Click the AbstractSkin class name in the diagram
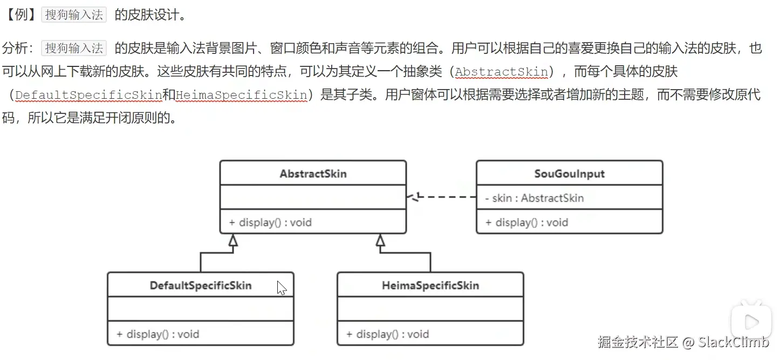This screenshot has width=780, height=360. [313, 174]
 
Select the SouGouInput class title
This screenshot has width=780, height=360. [569, 174]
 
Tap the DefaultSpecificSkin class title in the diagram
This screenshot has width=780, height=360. [201, 285]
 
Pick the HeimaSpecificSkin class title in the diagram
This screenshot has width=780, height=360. [430, 285]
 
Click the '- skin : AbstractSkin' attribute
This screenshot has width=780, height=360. [534, 198]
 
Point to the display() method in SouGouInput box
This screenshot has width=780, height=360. [526, 222]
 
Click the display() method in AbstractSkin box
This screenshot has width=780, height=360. [270, 222]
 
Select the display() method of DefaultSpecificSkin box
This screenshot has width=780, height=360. [158, 334]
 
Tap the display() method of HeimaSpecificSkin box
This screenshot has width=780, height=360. [387, 334]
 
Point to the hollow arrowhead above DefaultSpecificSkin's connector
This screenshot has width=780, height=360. [232, 241]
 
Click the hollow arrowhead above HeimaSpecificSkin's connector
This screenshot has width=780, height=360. [380, 241]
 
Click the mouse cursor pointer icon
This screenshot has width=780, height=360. [281, 288]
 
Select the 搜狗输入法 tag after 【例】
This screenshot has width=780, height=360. [74, 15]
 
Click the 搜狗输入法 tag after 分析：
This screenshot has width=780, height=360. [74, 48]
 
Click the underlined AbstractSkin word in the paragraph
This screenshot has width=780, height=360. [501, 72]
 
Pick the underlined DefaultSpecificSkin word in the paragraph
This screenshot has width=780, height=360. [88, 96]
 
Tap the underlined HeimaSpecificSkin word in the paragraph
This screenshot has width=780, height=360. [241, 96]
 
